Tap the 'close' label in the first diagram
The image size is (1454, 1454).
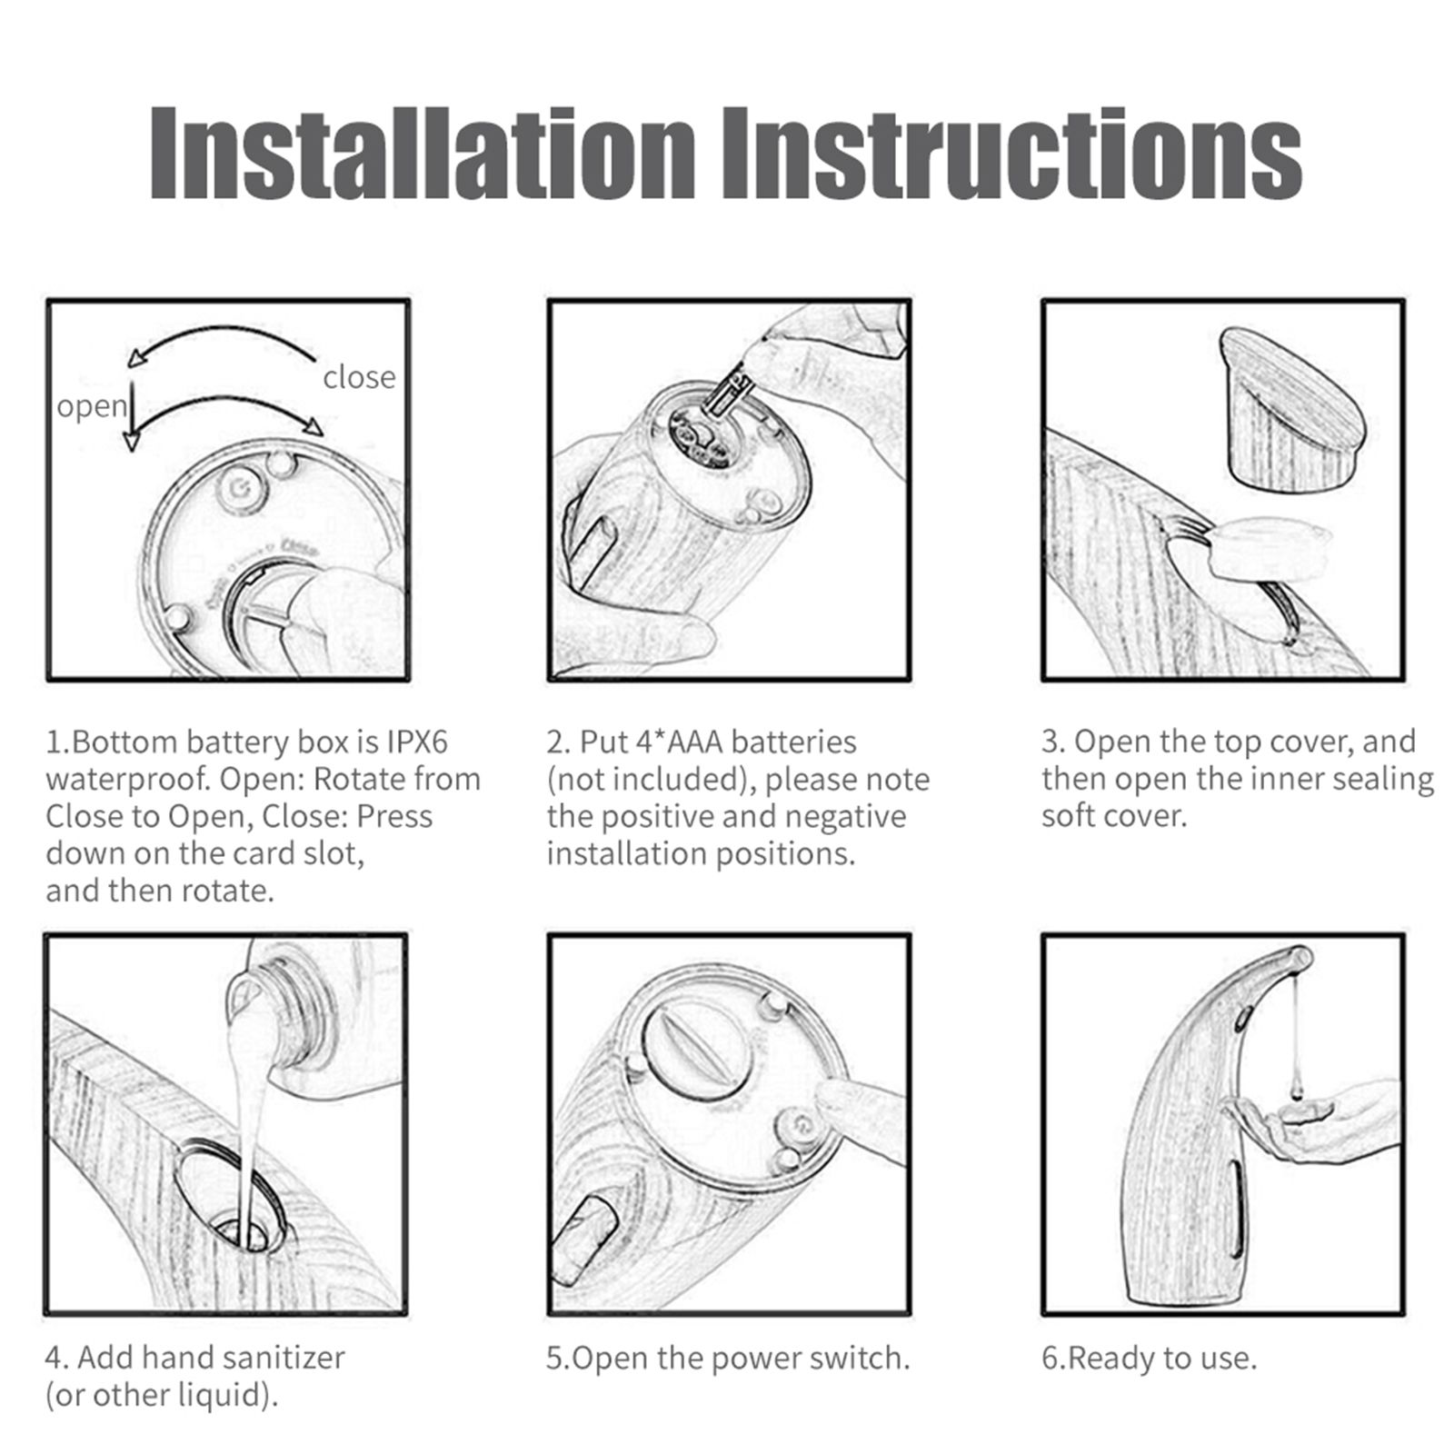(359, 377)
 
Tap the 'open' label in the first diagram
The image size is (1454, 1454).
(92, 407)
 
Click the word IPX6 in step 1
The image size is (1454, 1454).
(417, 742)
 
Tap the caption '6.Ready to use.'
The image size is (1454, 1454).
(1150, 1359)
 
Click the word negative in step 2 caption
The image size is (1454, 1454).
(845, 817)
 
